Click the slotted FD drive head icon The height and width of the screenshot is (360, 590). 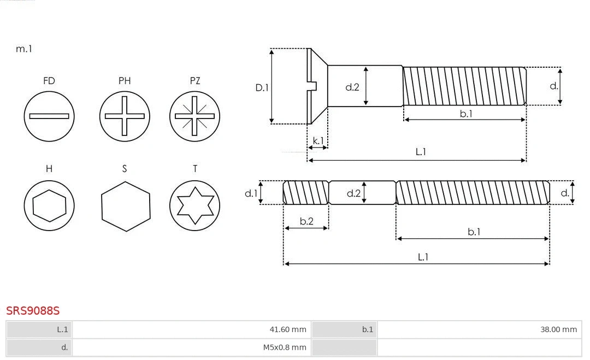[x=49, y=116]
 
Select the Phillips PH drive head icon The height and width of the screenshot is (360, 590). [x=125, y=116]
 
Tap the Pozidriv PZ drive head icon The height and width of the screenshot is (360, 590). [x=194, y=116]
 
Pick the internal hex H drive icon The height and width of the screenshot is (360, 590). [x=49, y=206]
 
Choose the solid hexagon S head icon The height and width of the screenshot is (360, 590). [x=126, y=206]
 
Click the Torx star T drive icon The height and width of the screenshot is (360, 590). [x=194, y=206]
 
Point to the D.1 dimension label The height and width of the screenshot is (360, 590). [x=262, y=87]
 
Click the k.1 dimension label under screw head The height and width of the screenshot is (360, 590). [x=318, y=141]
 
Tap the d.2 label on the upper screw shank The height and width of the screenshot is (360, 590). [x=352, y=87]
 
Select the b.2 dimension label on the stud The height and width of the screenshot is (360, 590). [x=306, y=221]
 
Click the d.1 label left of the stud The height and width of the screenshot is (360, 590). [x=251, y=193]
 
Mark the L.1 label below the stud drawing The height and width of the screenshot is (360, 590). [x=423, y=257]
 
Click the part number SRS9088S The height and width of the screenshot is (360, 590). [x=33, y=311]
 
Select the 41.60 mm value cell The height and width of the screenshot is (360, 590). [x=191, y=329]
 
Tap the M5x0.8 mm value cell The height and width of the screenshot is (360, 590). [x=191, y=347]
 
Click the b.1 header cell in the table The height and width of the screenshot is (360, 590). [x=344, y=329]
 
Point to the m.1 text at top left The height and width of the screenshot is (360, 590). [x=24, y=49]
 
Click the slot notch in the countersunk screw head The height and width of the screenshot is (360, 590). [x=313, y=86]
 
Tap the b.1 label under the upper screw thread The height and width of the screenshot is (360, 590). [x=466, y=114]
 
